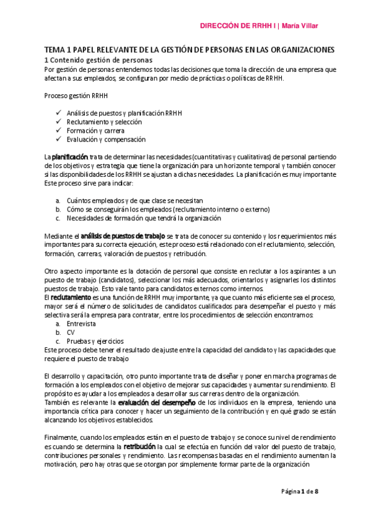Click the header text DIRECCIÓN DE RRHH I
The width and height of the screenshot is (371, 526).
pyautogui.click(x=238, y=26)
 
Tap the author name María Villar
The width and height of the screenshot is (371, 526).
pyautogui.click(x=303, y=26)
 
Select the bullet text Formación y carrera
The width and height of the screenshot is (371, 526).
pyautogui.click(x=95, y=131)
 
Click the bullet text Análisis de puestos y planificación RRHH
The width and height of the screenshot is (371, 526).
pyautogui.click(x=124, y=114)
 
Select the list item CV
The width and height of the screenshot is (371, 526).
pyautogui.click(x=71, y=332)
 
